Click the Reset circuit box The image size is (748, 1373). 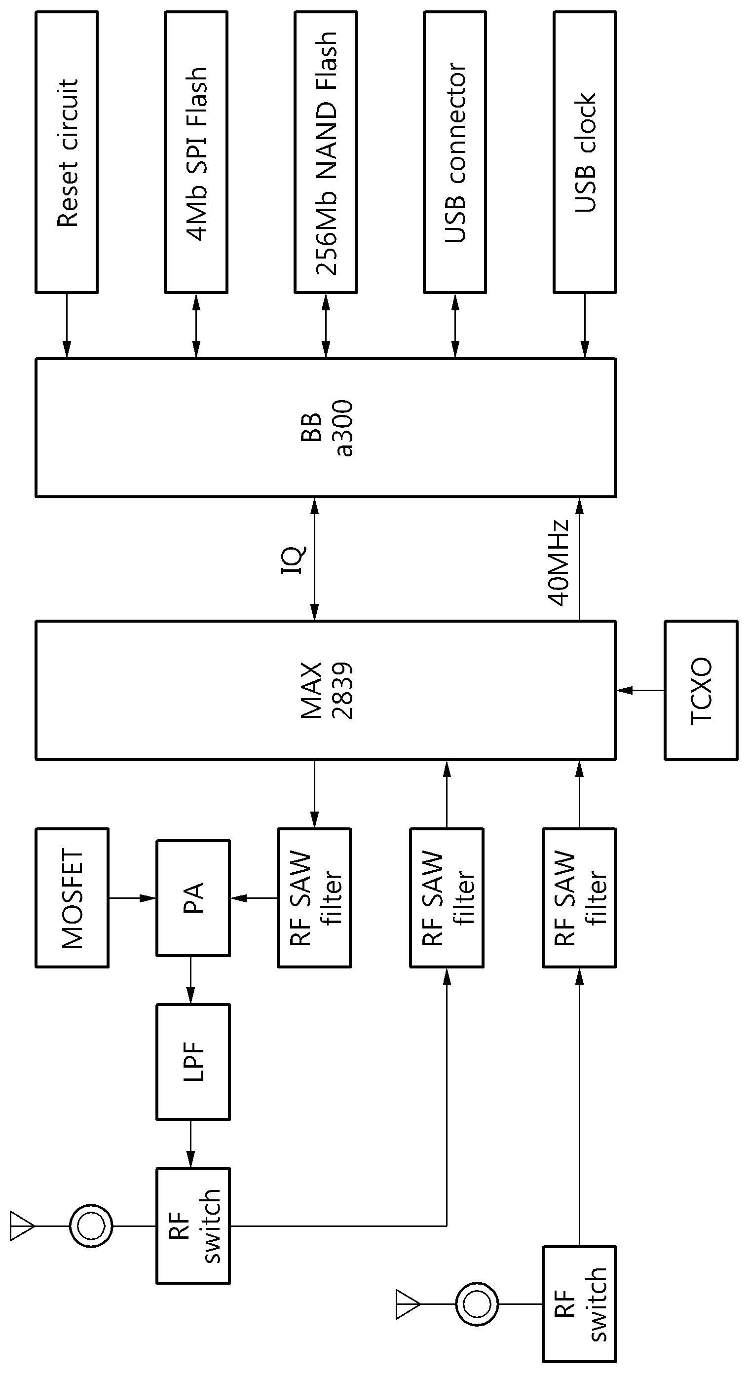[x=67, y=152]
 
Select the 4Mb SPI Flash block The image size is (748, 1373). [x=196, y=152]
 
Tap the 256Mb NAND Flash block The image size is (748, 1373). [x=326, y=152]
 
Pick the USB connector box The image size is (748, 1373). [x=455, y=152]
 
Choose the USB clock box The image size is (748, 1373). [x=585, y=152]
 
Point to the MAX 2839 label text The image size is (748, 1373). [x=326, y=690]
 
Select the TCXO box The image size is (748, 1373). [x=701, y=690]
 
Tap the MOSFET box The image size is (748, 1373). [x=72, y=898]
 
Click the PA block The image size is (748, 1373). [x=193, y=898]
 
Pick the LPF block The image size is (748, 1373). [x=193, y=1062]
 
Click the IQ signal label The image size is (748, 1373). [x=294, y=559]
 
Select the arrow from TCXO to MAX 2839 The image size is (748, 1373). [x=640, y=690]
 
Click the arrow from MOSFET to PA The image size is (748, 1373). [x=132, y=898]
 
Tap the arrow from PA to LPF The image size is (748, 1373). [x=190, y=980]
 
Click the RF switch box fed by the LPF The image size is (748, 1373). [x=193, y=1226]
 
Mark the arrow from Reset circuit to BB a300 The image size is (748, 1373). [x=67, y=326]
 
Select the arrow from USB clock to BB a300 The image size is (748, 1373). [x=585, y=326]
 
